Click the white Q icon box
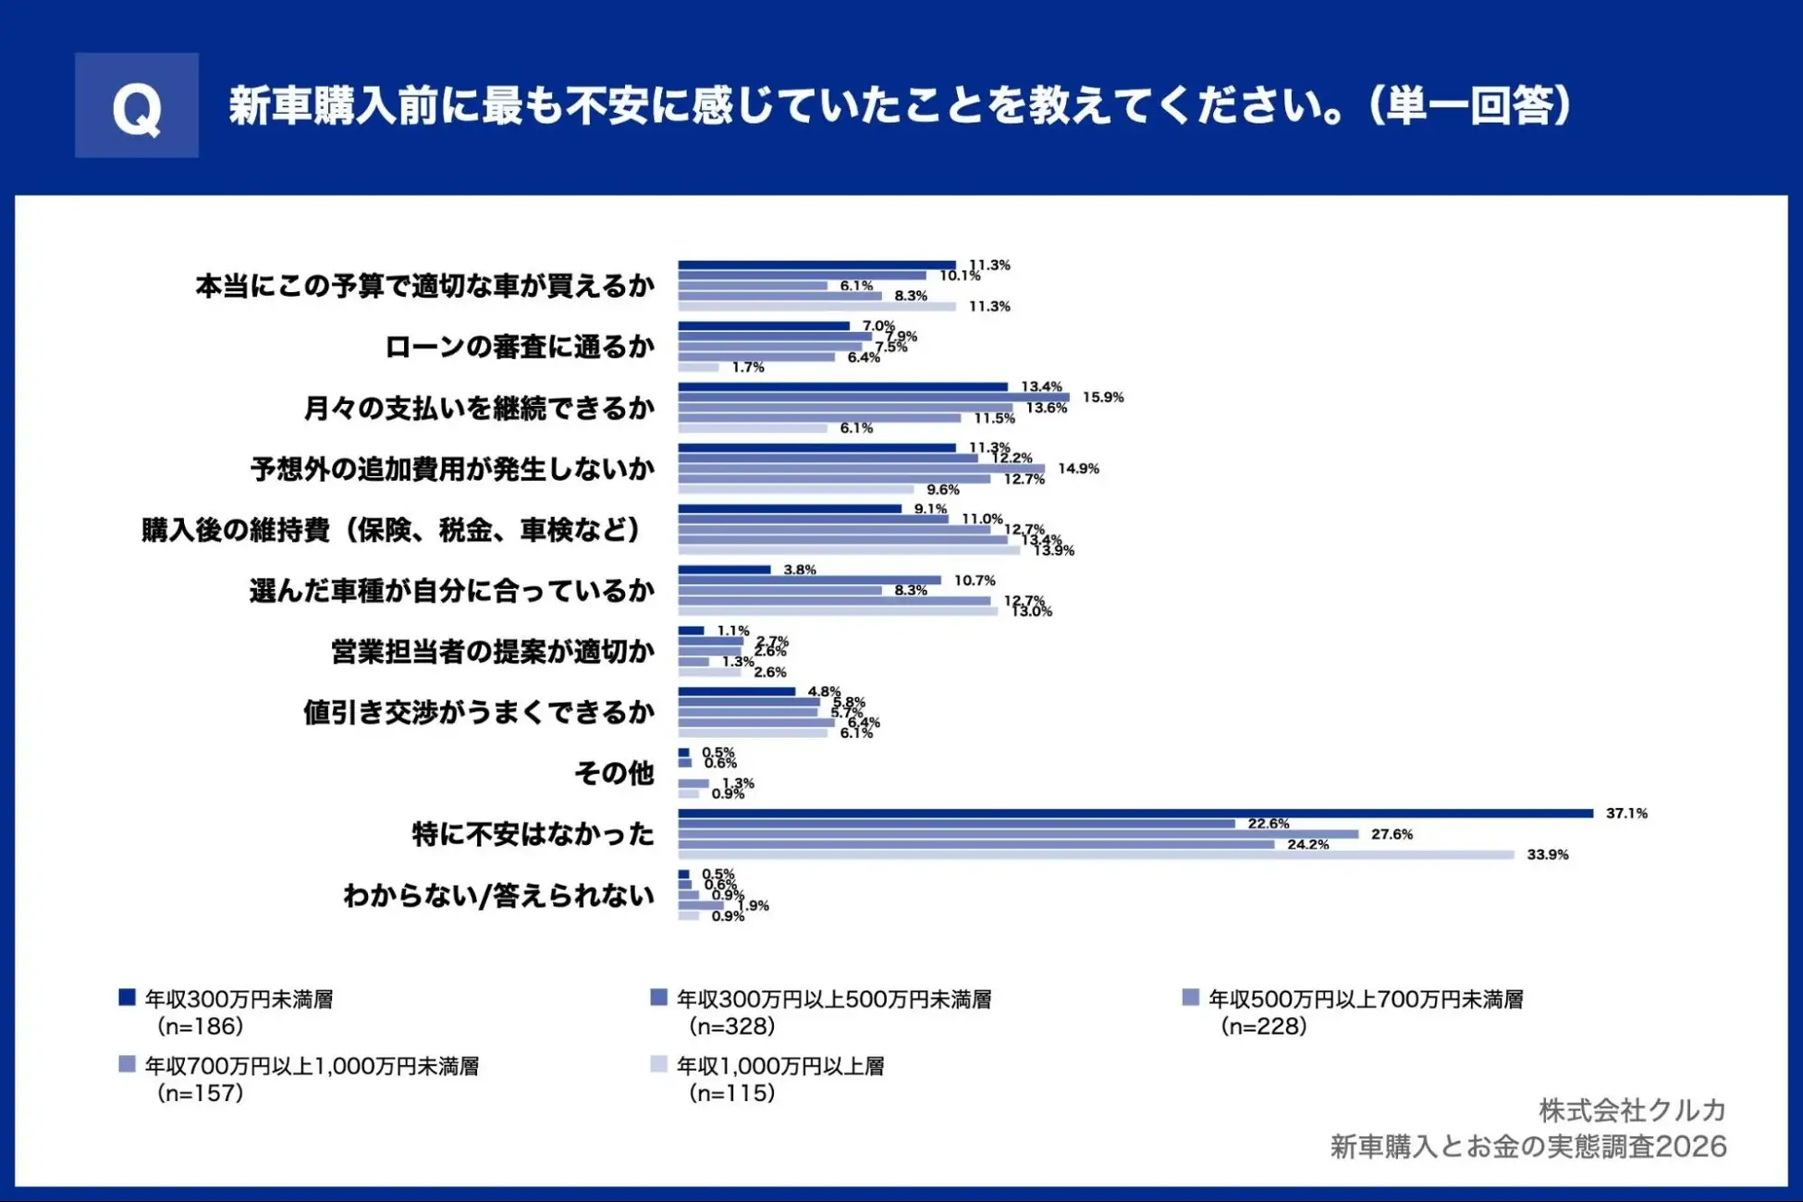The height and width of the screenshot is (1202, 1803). (x=137, y=105)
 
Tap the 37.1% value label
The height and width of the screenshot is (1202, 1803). (x=1626, y=814)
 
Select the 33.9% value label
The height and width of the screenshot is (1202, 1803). (x=1547, y=855)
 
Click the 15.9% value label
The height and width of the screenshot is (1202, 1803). (x=1103, y=398)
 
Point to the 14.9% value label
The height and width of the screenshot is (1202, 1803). (x=1078, y=469)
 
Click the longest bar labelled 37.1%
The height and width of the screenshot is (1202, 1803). (x=1135, y=814)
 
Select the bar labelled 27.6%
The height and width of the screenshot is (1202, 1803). (x=1018, y=834)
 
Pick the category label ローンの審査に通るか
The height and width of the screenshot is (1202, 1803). (x=520, y=348)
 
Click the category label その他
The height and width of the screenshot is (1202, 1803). (x=614, y=773)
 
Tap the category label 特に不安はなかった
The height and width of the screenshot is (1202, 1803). (x=533, y=835)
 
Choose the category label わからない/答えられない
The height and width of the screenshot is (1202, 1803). (x=498, y=896)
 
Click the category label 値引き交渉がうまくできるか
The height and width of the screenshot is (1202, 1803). (x=479, y=713)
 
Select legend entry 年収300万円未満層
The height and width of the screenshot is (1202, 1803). (x=239, y=1000)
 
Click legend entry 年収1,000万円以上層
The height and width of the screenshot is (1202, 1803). (x=779, y=1066)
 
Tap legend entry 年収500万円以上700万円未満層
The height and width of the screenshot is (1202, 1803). (x=1365, y=1000)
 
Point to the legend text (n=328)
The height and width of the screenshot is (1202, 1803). (x=731, y=1026)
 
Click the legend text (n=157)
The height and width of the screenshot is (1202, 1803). (x=200, y=1093)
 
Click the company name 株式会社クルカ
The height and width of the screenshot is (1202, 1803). (x=1632, y=1110)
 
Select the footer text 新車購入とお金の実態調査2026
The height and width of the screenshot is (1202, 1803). (x=1527, y=1147)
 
